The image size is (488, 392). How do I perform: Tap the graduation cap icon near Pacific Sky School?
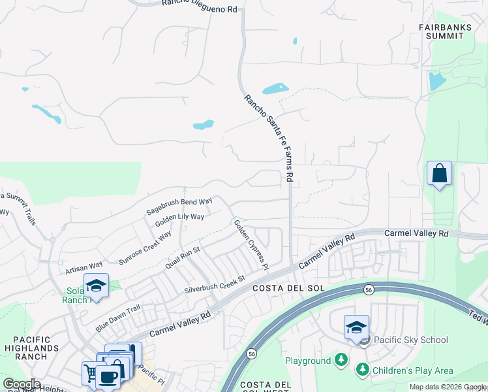click(356, 327)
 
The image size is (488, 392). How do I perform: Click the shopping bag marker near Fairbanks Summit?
click(440, 174)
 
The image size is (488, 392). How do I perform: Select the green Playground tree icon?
click(341, 361)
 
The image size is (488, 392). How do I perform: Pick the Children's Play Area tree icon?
click(363, 370)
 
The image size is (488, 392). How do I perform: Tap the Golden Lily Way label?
click(179, 220)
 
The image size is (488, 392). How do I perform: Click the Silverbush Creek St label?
click(214, 283)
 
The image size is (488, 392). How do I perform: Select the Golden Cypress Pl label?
click(251, 244)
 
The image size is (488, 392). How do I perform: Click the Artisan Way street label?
click(84, 267)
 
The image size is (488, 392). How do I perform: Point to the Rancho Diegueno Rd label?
click(199, 3)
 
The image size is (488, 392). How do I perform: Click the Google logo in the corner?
click(22, 384)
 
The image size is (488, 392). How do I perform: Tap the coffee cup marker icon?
click(108, 376)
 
